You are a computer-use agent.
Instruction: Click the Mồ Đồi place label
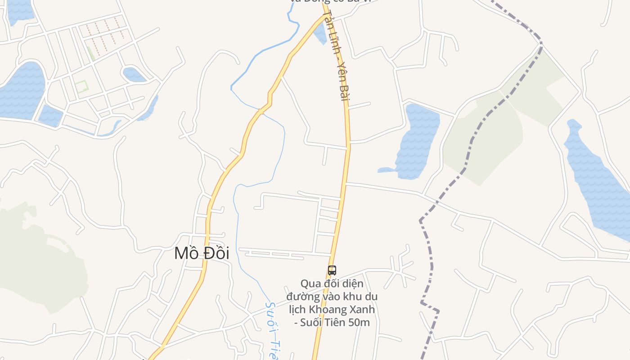tap(202, 253)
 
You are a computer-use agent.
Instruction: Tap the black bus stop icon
tap(332, 270)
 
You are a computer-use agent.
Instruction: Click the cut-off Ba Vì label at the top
tap(331, 1)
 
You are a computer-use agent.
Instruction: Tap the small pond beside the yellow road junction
tap(320, 32)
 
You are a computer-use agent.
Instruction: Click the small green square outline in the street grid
tap(81, 86)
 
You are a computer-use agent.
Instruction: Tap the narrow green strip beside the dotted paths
tap(90, 54)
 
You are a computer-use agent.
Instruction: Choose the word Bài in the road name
tap(344, 92)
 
